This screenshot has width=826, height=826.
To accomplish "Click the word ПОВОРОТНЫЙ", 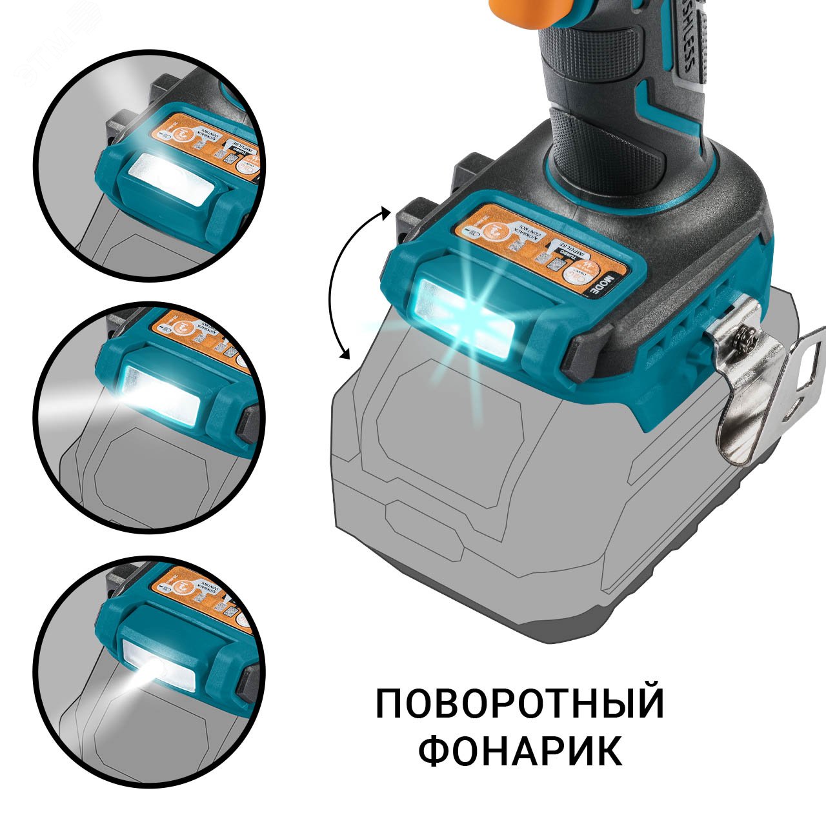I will click(519, 703).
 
